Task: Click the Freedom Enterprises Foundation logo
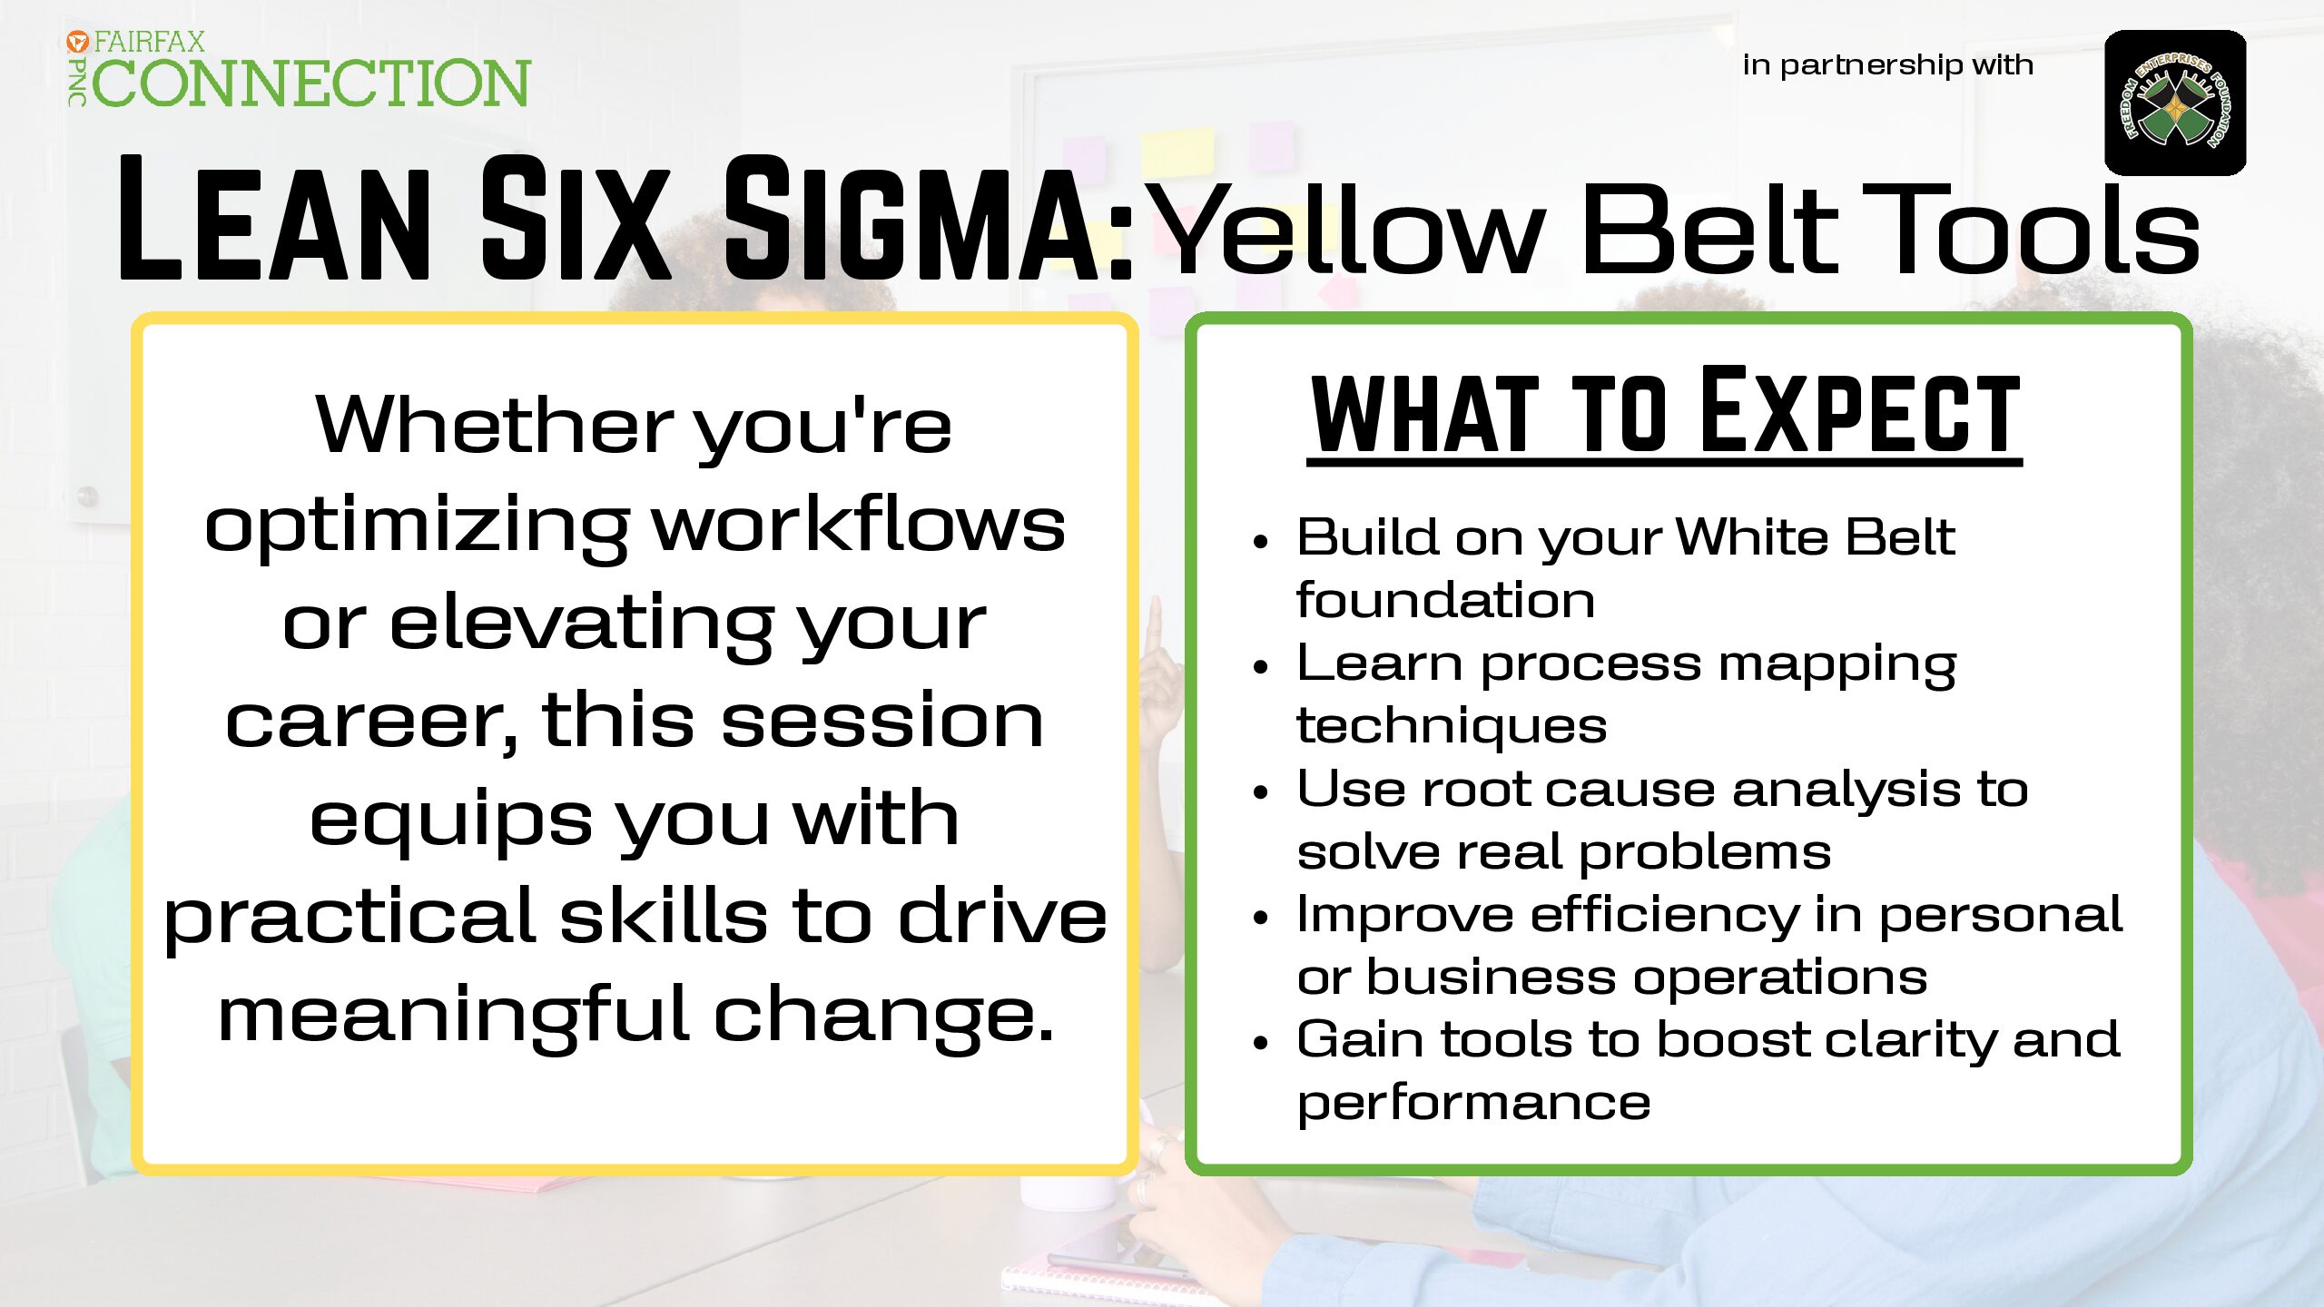2175,103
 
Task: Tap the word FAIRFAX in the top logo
150,42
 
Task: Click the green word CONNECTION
311,83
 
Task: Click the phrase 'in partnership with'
1888,65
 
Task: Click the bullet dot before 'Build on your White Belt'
1259,542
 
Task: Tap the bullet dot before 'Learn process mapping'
1259,668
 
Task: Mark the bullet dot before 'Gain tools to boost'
1259,1044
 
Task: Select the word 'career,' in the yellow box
371,721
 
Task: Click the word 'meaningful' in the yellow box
453,1016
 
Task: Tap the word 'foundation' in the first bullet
1445,600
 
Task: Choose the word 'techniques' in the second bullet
1452,727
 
